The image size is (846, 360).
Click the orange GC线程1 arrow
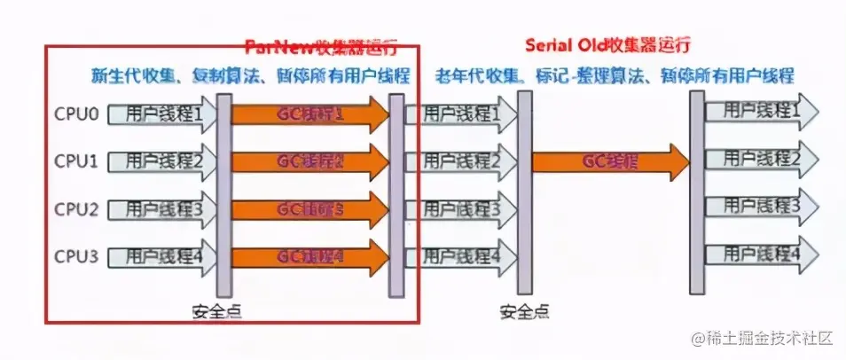pyautogui.click(x=310, y=114)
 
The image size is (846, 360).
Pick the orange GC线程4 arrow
pyautogui.click(x=310, y=257)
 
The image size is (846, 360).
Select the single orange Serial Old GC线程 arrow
pyautogui.click(x=610, y=161)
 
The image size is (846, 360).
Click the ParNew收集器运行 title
pyautogui.click(x=321, y=45)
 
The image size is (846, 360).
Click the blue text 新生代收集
pyautogui.click(x=128, y=75)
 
